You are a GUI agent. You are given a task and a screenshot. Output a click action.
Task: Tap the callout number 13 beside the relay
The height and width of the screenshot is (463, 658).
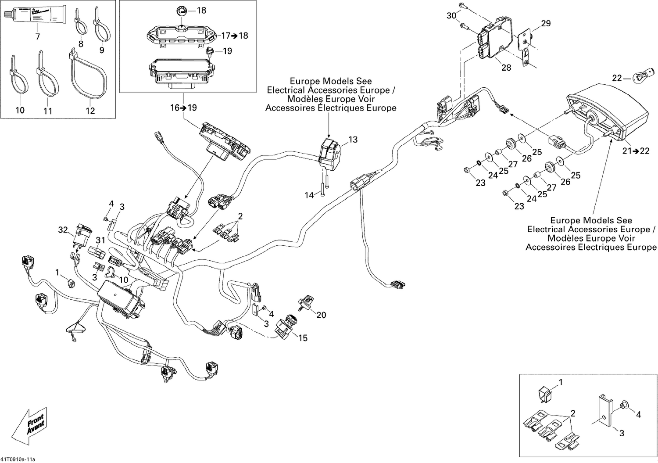pyautogui.click(x=353, y=140)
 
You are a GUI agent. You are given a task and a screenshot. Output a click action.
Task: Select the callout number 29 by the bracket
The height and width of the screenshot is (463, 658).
pyautogui.click(x=545, y=23)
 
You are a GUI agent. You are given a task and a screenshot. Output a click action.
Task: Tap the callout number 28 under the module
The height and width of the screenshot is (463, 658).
pyautogui.click(x=506, y=68)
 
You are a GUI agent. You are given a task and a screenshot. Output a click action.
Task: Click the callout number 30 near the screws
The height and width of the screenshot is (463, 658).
pyautogui.click(x=451, y=16)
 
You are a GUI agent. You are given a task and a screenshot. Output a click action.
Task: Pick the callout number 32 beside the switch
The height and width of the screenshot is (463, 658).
pyautogui.click(x=63, y=230)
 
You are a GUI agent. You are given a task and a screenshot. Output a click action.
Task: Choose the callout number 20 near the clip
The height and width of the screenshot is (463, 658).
pyautogui.click(x=321, y=315)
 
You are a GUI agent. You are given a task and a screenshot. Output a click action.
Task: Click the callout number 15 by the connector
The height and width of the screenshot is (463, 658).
pyautogui.click(x=303, y=338)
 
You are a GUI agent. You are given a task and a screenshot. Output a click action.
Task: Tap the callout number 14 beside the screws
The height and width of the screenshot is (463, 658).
pyautogui.click(x=309, y=195)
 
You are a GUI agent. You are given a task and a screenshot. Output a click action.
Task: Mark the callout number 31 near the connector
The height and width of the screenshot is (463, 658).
pyautogui.click(x=100, y=240)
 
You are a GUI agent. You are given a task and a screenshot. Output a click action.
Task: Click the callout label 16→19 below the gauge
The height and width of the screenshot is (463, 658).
pyautogui.click(x=183, y=108)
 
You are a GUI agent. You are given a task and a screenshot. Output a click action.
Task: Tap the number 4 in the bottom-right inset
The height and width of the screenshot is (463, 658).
pyautogui.click(x=638, y=414)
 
